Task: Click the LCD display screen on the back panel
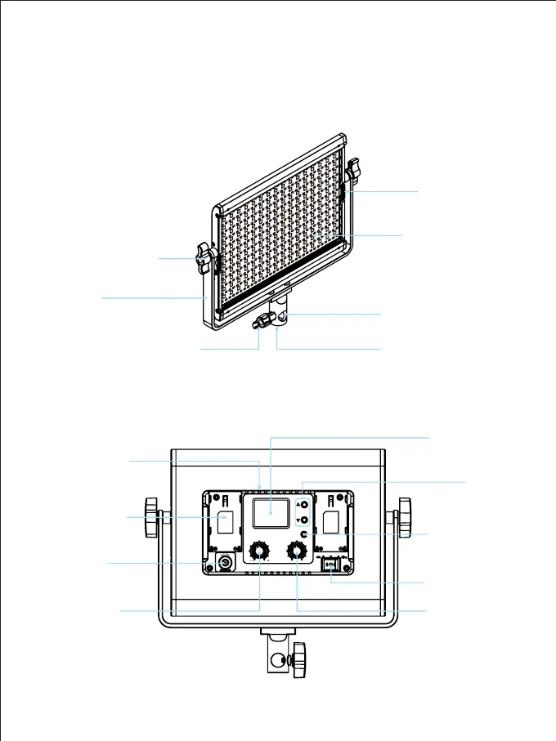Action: click(x=269, y=513)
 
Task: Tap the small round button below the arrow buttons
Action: click(x=304, y=534)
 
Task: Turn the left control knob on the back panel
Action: click(x=260, y=552)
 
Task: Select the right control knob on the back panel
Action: click(x=296, y=552)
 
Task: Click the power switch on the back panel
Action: click(x=330, y=565)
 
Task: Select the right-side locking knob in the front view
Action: click(x=352, y=172)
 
